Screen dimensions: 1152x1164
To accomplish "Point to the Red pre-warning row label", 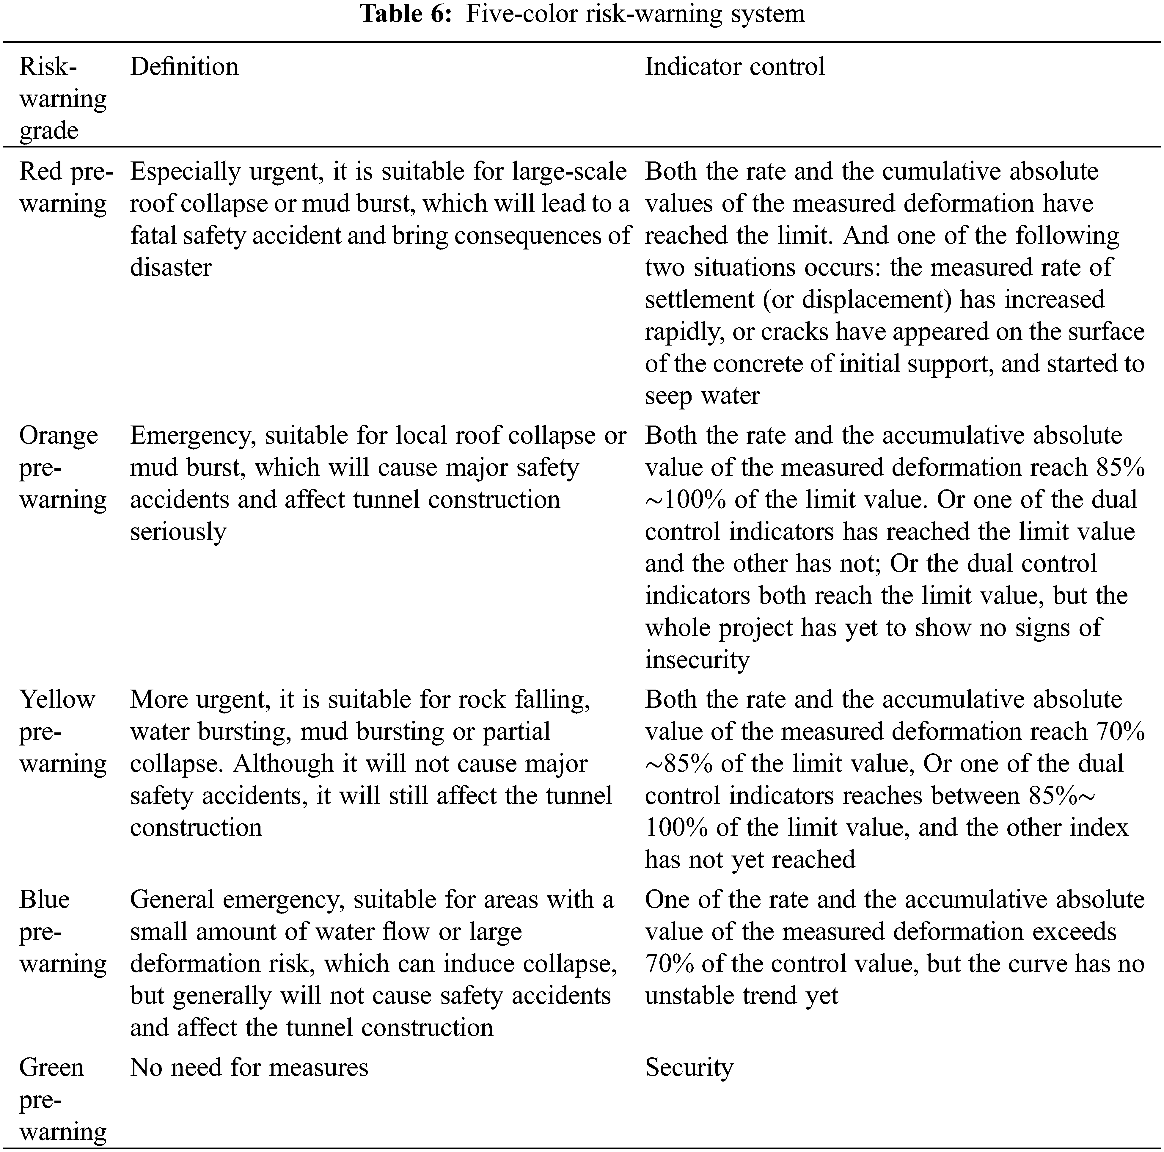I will coord(65,187).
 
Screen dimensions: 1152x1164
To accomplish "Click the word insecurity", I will coord(697,659).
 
